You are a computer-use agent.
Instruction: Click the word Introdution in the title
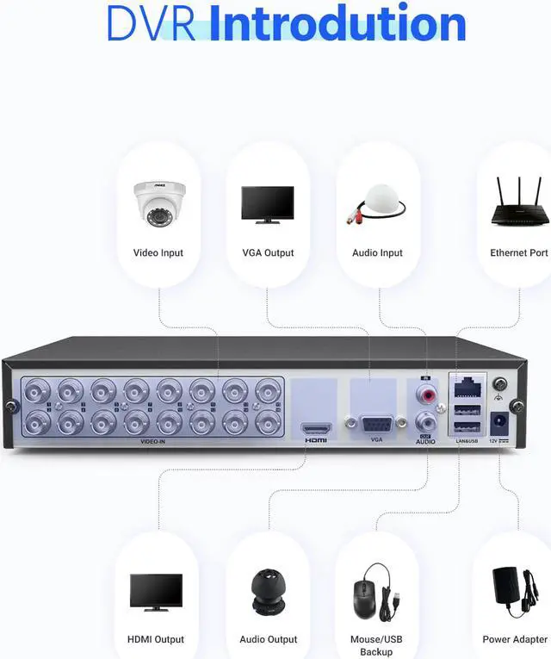pos(337,23)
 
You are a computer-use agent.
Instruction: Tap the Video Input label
pos(158,253)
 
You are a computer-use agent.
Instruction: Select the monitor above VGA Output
pos(267,203)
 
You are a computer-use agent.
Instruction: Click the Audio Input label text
pos(377,253)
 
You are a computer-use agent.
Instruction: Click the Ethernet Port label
pos(519,253)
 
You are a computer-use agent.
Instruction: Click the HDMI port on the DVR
pos(316,428)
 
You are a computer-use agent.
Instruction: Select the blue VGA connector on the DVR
pos(376,424)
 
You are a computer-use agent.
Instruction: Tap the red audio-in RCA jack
pos(425,395)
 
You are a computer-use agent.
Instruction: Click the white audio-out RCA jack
pos(425,422)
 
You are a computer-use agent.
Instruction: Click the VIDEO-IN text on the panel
pos(152,441)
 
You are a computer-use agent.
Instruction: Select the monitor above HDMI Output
pos(156,592)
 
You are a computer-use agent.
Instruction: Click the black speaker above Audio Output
pos(268,593)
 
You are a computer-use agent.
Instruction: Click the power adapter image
pos(514,591)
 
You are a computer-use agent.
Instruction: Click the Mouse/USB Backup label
pos(376,645)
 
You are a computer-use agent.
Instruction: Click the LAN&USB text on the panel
pos(467,441)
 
